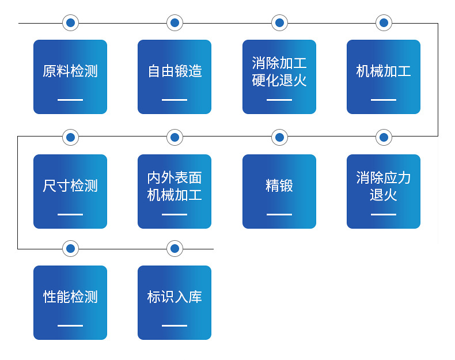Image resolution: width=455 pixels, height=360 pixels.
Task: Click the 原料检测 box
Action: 70,77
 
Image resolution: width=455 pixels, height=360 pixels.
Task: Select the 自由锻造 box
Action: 175,77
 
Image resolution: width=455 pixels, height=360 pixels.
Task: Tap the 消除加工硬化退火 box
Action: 279,77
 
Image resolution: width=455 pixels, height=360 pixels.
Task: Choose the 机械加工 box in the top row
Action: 384,77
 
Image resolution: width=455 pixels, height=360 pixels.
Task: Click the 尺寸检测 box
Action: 70,191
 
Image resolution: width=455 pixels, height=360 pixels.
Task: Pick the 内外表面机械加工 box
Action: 175,191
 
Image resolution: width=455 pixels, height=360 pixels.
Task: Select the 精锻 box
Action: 279,191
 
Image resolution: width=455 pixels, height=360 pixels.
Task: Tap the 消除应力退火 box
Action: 384,191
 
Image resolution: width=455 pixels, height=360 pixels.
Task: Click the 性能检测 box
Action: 70,302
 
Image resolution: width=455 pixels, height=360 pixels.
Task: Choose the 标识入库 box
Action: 175,302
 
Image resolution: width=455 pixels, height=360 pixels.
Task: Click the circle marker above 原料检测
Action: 70,23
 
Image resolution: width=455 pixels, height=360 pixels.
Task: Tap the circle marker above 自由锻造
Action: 175,23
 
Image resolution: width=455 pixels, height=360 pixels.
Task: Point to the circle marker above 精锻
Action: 279,137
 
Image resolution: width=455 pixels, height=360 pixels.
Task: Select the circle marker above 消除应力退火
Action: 384,137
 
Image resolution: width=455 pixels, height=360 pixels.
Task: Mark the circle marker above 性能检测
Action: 70,249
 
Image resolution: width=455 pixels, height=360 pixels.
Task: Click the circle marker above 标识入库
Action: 175,249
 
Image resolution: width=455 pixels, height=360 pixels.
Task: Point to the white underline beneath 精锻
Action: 279,214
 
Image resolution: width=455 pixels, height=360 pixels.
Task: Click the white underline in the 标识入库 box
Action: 175,325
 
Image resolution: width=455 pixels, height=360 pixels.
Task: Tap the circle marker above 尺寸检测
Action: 70,137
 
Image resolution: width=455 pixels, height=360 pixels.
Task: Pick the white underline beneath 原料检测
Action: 70,100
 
